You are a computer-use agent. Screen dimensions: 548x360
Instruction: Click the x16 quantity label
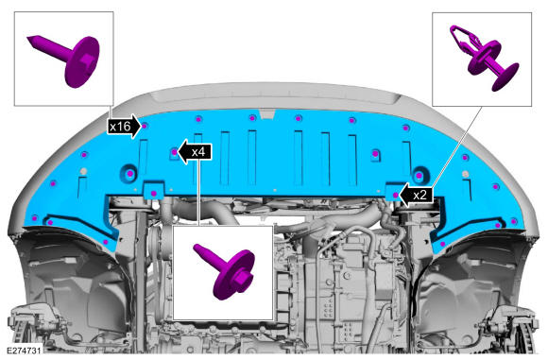coord(121,127)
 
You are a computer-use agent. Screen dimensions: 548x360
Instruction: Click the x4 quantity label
coord(198,152)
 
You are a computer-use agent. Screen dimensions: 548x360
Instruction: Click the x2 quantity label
coord(420,195)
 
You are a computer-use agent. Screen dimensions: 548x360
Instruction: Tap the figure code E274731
coord(24,351)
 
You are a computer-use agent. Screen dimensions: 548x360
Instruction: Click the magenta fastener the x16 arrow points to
coord(145,126)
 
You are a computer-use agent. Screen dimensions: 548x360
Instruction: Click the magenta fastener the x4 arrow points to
coord(175,152)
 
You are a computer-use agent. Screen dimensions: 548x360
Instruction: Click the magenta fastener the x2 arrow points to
coord(395,195)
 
